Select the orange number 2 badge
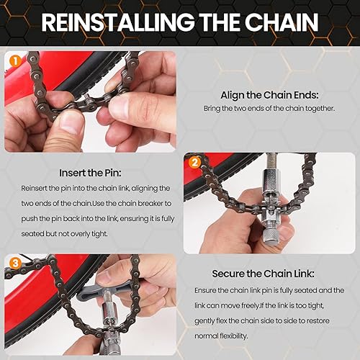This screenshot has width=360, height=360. tap(194, 162)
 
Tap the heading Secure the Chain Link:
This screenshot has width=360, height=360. tap(266, 274)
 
